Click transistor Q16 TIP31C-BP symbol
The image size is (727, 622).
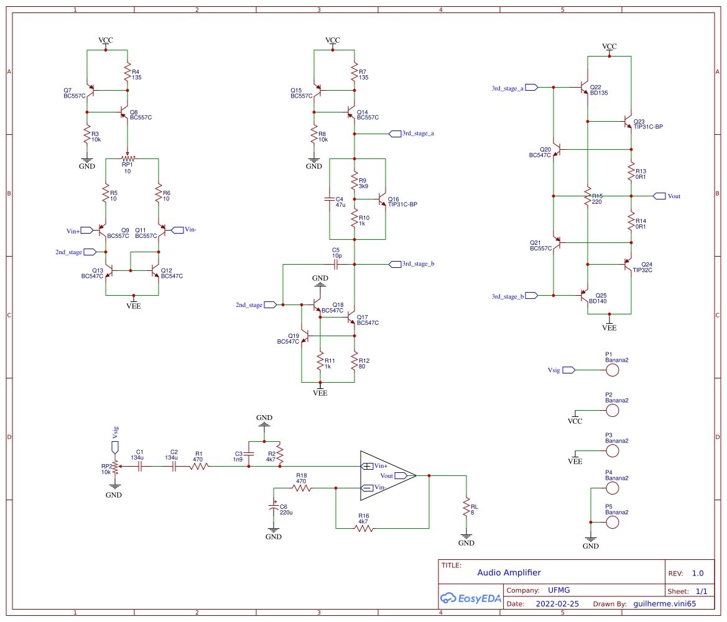pos(383,199)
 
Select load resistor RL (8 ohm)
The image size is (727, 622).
pos(465,506)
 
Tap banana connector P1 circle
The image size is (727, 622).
pos(613,370)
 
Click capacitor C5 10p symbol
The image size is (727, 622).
pos(336,265)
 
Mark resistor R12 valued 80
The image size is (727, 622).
pos(354,361)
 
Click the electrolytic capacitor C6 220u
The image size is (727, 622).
pos(274,508)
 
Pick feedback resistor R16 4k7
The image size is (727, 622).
pos(364,529)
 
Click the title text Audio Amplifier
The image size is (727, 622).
pos(509,572)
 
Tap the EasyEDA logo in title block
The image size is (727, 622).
pos(468,598)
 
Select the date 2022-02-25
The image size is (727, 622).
pos(557,603)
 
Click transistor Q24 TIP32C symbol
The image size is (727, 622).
pos(628,265)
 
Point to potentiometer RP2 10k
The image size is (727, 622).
pos(114,468)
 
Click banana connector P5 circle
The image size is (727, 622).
pos(613,522)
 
